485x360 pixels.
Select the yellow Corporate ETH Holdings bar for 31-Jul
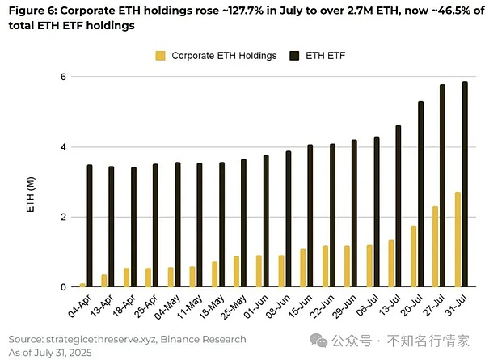point(458,239)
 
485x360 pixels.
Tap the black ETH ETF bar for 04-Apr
point(89,226)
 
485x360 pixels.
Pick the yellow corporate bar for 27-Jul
point(435,247)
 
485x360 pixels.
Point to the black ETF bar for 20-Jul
point(420,194)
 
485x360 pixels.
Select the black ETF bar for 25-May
point(243,222)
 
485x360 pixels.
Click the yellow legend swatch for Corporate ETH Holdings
point(160,55)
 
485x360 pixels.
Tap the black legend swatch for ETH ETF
point(293,55)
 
